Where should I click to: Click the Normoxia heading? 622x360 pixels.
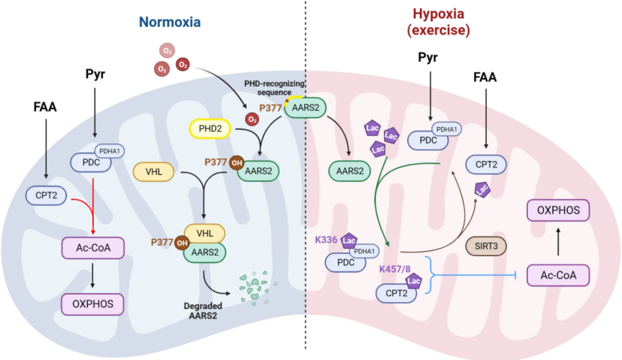tap(170, 22)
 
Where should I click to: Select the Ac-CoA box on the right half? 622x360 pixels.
tap(557, 275)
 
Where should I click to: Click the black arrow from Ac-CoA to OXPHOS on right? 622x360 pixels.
tap(557, 242)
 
